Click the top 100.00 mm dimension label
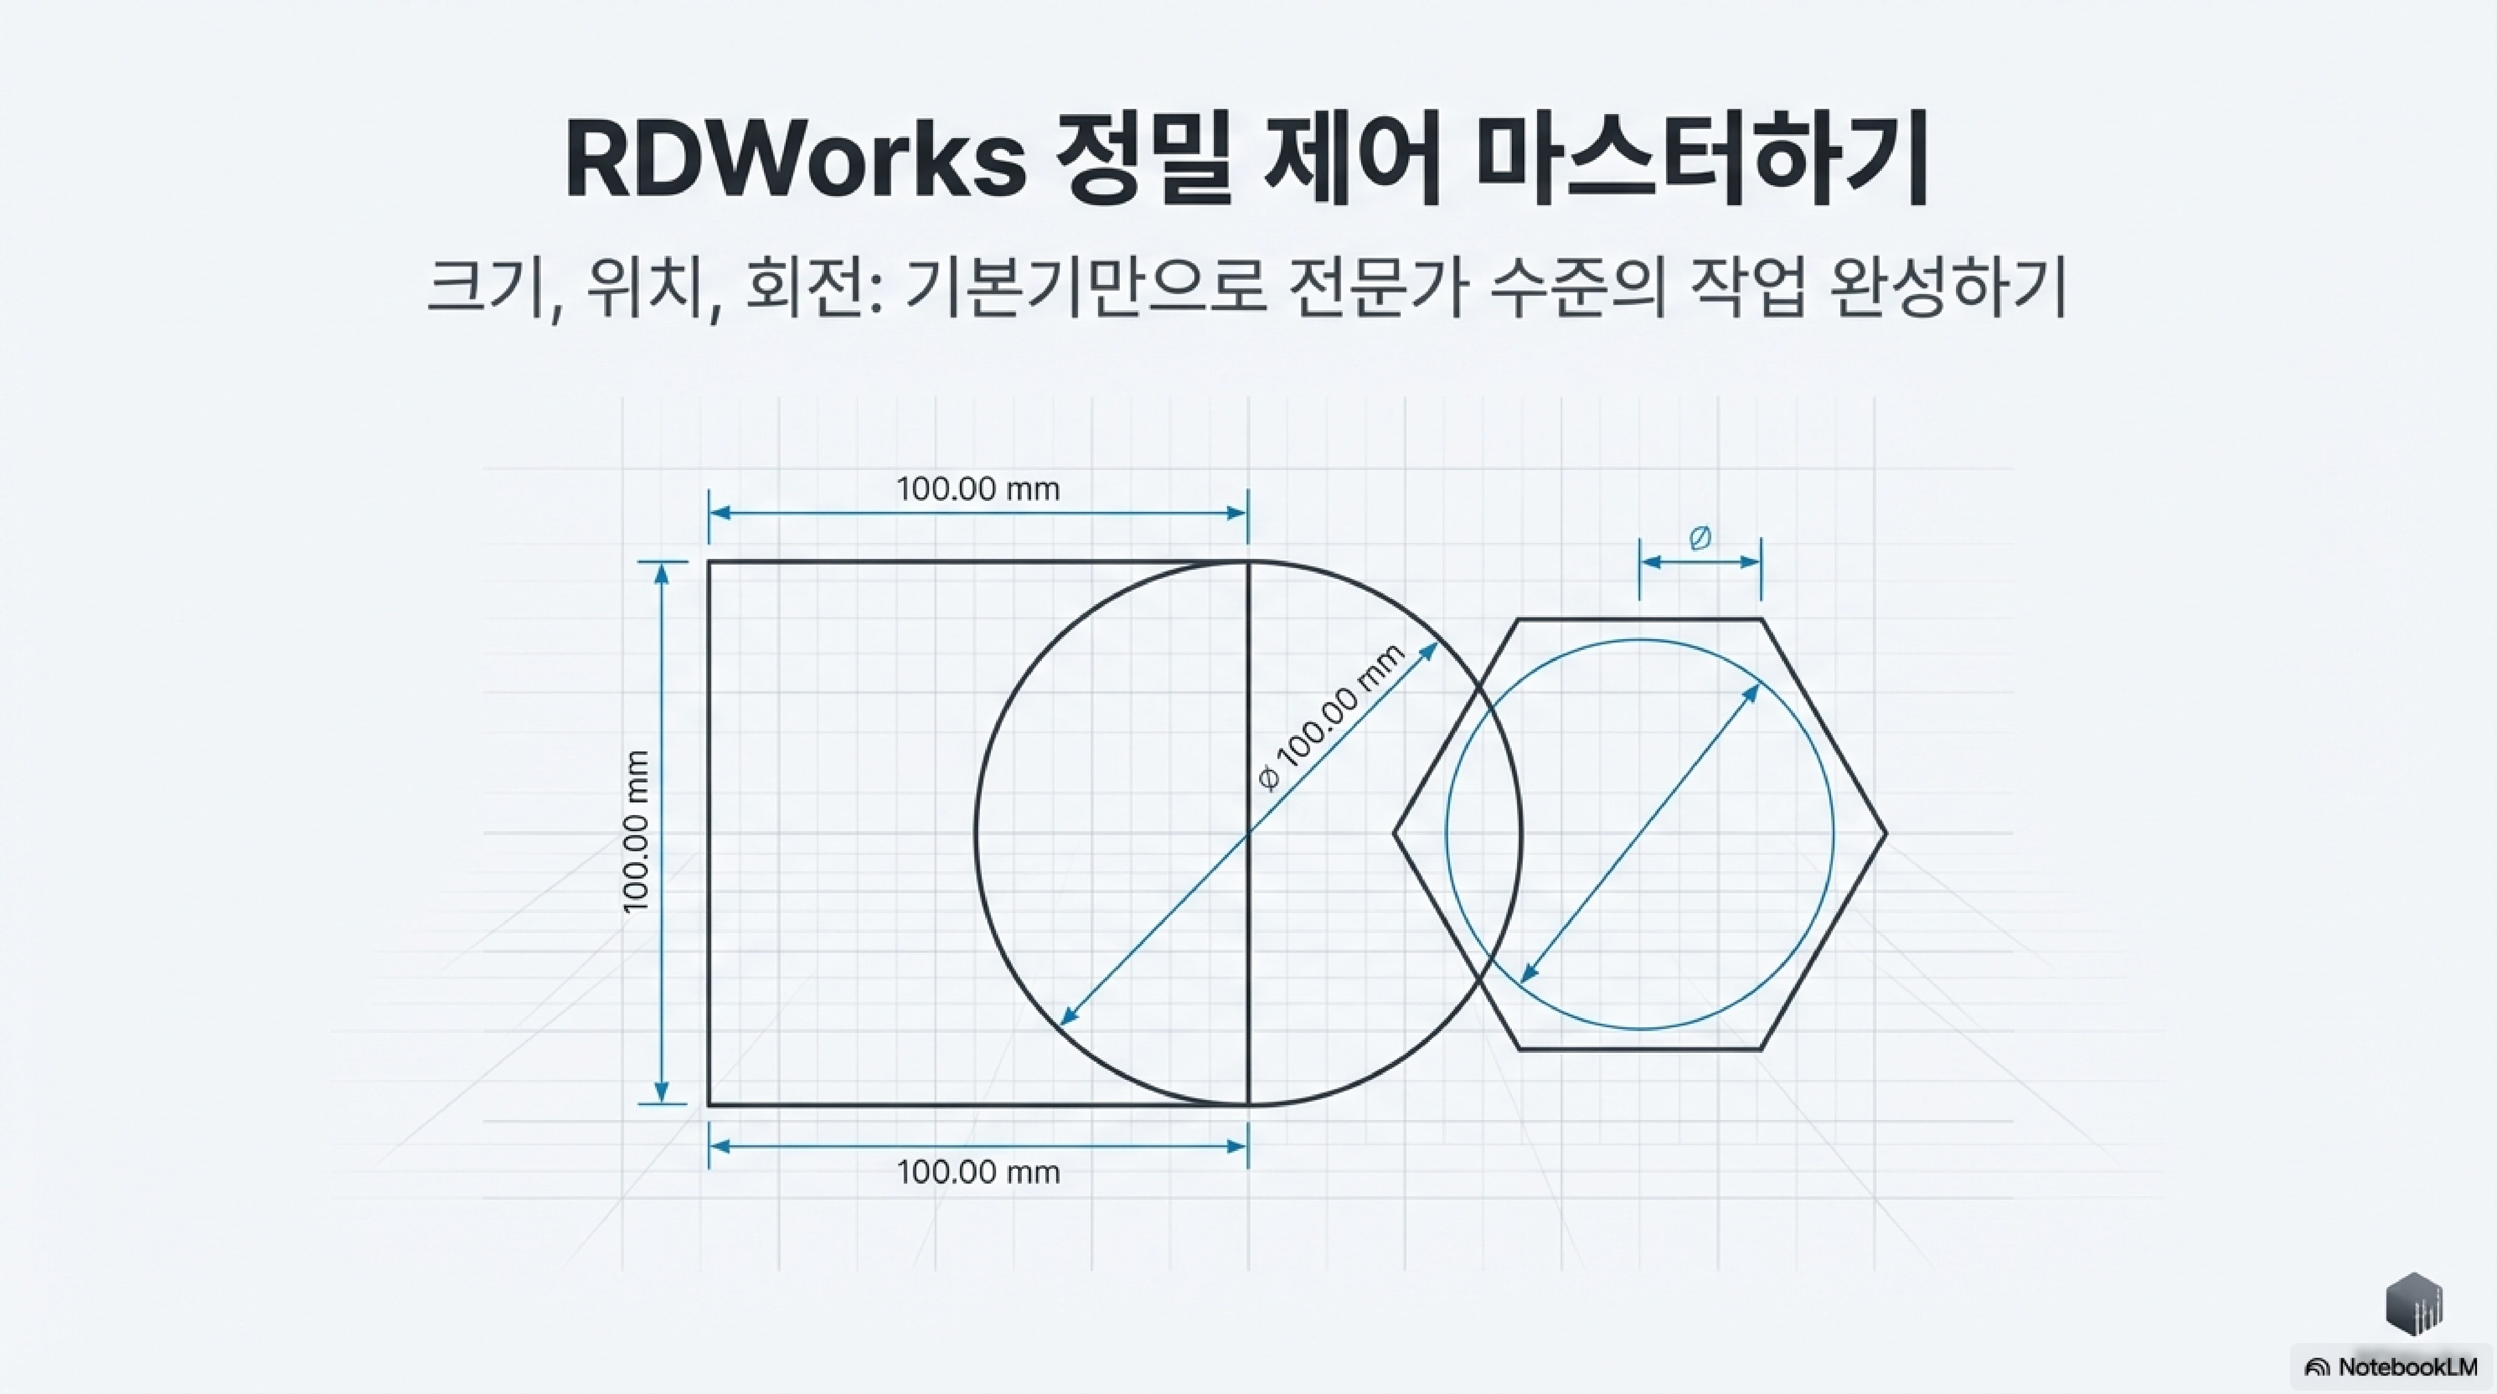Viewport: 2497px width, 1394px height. (x=978, y=489)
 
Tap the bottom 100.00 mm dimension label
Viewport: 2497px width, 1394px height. (x=978, y=1172)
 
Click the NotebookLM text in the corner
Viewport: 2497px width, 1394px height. (x=2407, y=1367)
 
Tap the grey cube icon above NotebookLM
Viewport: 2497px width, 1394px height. (x=2414, y=1304)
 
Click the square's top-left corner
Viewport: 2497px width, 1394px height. (x=709, y=561)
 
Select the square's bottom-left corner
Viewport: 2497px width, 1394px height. (x=709, y=1104)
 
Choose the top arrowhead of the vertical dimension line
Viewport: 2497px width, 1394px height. (x=662, y=572)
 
